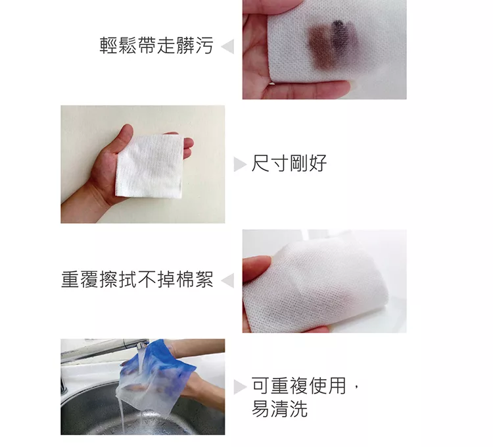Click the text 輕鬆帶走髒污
click(156, 45)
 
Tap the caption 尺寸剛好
click(289, 163)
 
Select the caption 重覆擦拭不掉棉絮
click(137, 280)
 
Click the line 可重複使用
click(298, 386)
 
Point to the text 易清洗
click(279, 409)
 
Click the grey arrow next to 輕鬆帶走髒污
click(227, 46)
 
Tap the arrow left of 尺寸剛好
click(240, 164)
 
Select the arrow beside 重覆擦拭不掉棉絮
click(227, 280)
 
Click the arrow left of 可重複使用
click(240, 387)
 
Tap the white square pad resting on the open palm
click(150, 167)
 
